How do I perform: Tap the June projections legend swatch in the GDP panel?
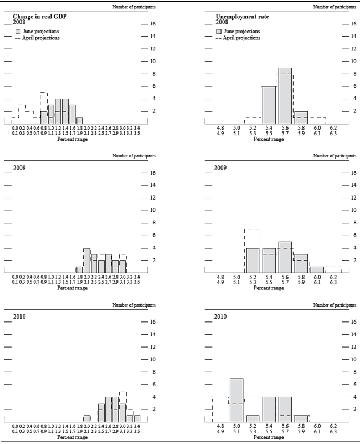click(18, 32)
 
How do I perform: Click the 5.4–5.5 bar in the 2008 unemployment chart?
click(269, 105)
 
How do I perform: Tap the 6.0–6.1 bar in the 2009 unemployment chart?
click(317, 270)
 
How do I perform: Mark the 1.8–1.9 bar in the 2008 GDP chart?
click(79, 120)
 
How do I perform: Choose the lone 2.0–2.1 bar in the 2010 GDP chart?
click(87, 419)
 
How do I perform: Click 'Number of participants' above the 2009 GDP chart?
click(133, 156)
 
